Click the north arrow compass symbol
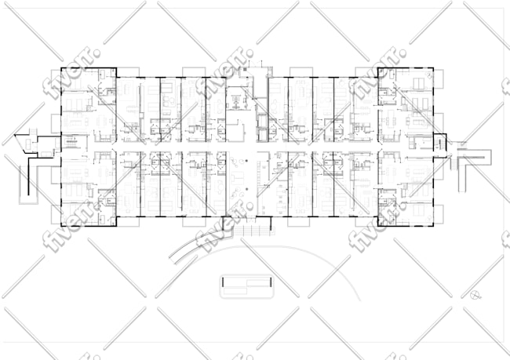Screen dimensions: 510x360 [x=475, y=295]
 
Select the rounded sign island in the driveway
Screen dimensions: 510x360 [x=246, y=286]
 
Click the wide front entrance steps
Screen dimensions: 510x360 [x=253, y=231]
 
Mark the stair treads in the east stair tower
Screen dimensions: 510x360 [x=440, y=144]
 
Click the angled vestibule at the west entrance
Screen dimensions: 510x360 [x=26, y=144]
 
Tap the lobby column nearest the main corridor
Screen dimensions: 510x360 [x=246, y=161]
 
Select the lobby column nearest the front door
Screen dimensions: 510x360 [x=246, y=189]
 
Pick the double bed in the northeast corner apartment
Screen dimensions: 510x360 [x=419, y=83]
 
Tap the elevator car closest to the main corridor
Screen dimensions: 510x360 [x=261, y=134]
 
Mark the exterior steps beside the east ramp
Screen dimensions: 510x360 [x=453, y=162]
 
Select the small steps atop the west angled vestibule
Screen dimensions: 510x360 [x=32, y=132]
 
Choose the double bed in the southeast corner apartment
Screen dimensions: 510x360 [x=419, y=210]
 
